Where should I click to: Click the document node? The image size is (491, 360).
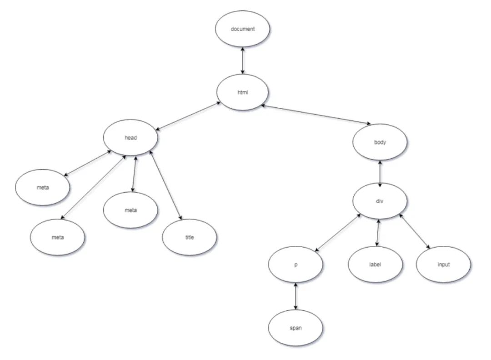[243, 29]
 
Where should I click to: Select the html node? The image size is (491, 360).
[243, 93]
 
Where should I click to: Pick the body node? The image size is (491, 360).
[380, 142]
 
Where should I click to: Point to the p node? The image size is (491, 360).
[296, 265]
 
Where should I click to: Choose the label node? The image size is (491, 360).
[376, 265]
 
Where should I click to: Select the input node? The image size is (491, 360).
[443, 265]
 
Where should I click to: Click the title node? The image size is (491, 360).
[189, 237]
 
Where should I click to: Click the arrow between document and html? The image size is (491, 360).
[243, 61]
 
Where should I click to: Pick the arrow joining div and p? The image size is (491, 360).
[338, 231]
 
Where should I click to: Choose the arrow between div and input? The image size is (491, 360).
[414, 231]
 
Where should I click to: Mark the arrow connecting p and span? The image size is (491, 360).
[296, 296]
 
